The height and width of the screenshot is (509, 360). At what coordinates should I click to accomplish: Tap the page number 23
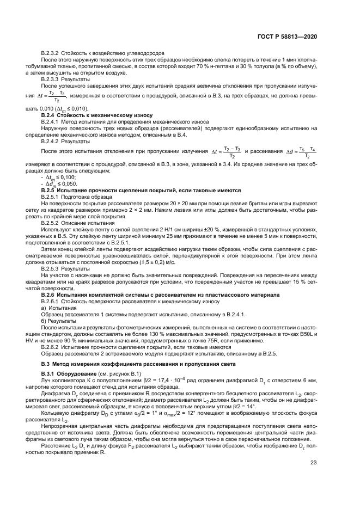(x=314, y=463)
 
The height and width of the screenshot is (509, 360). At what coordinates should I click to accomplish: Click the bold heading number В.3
(x=47, y=363)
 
